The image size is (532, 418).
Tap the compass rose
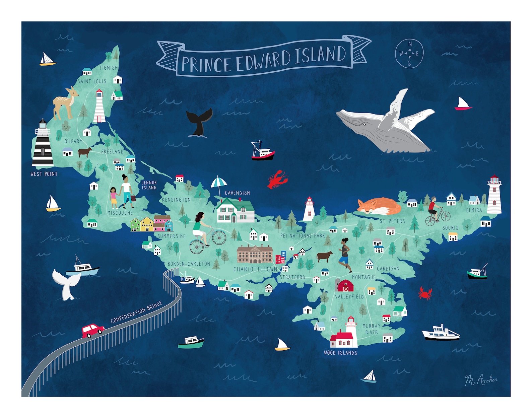coord(409,54)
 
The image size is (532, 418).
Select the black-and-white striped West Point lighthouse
coord(43,144)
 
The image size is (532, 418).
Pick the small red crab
coord(425,293)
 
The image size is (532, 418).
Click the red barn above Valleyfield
coord(345,286)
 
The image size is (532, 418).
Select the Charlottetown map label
coord(255,269)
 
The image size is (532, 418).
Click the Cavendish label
coord(237,193)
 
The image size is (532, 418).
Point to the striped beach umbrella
coord(219,183)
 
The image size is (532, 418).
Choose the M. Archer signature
coord(481,380)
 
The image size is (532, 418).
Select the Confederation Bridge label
coord(136,312)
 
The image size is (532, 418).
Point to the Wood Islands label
coord(340,353)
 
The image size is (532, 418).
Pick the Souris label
coord(450,228)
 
